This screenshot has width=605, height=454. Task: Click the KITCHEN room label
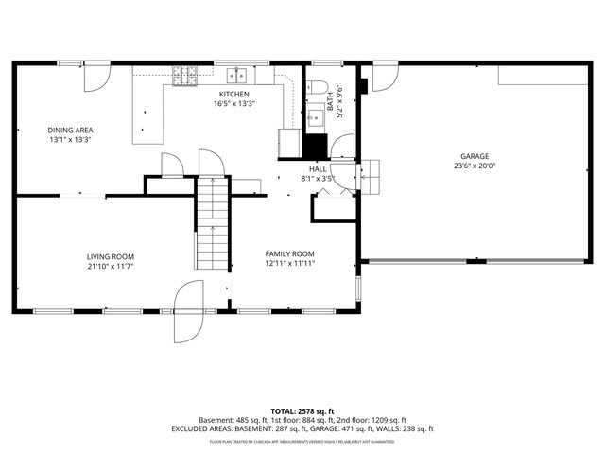(x=233, y=95)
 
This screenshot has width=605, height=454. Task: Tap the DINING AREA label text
(x=70, y=130)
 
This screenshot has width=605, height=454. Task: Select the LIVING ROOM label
(x=111, y=256)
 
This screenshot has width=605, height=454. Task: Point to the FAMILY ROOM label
(x=289, y=253)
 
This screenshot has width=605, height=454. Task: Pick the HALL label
(x=318, y=168)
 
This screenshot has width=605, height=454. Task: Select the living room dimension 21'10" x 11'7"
(x=111, y=267)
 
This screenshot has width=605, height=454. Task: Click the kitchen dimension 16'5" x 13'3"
(x=233, y=104)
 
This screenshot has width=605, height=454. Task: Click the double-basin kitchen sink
(x=236, y=74)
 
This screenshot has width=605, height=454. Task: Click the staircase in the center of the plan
(x=213, y=223)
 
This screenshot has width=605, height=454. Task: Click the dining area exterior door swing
(x=97, y=78)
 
